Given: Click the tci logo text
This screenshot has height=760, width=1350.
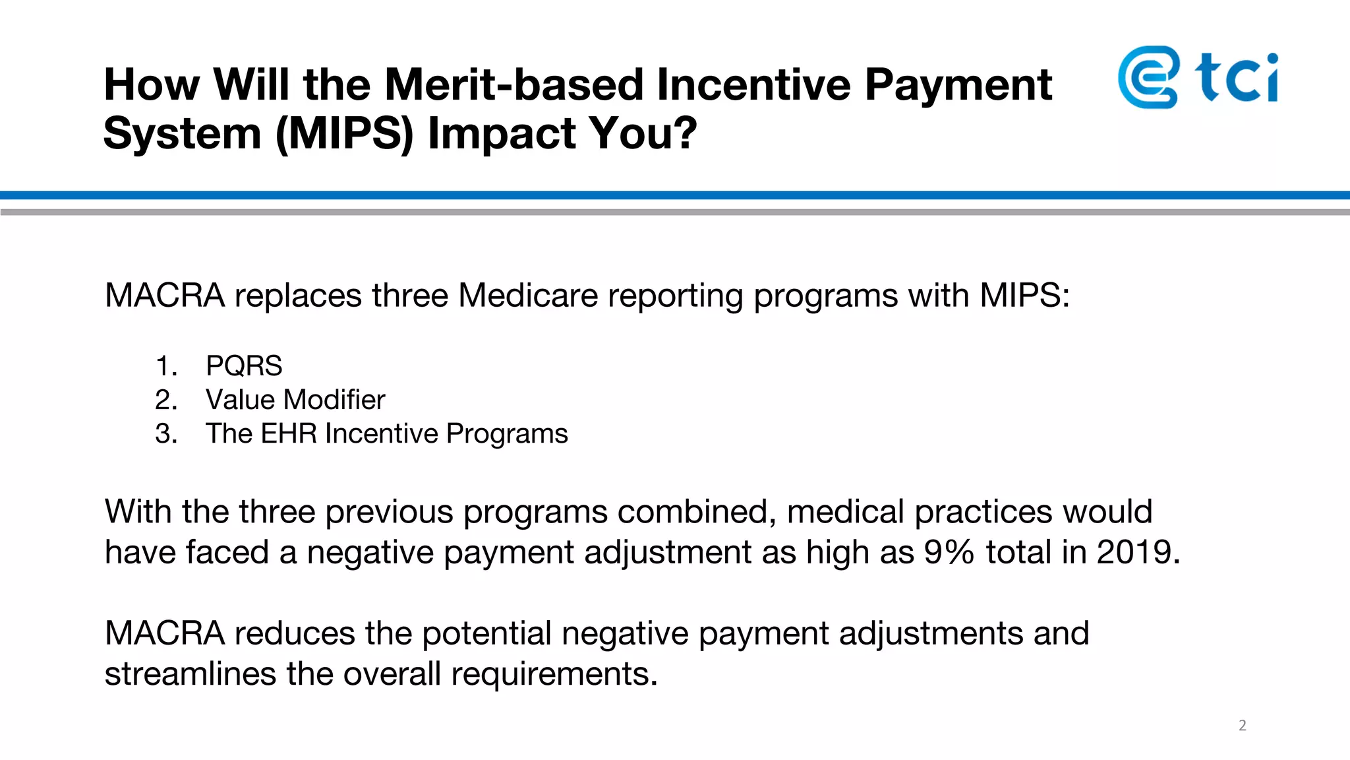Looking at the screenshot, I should [1237, 78].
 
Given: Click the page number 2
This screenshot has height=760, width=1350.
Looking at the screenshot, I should [1242, 725].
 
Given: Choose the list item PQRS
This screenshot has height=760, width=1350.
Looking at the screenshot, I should [244, 365].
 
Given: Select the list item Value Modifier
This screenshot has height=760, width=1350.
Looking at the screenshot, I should [295, 400].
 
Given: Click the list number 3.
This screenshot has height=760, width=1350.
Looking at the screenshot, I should [166, 433].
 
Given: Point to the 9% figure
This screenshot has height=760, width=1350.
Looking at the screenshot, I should [949, 552].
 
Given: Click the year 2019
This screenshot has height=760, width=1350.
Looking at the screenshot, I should [1137, 552].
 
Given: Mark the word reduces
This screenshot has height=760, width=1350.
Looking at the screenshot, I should [295, 633].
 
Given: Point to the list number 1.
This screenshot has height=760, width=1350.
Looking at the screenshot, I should [166, 365].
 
